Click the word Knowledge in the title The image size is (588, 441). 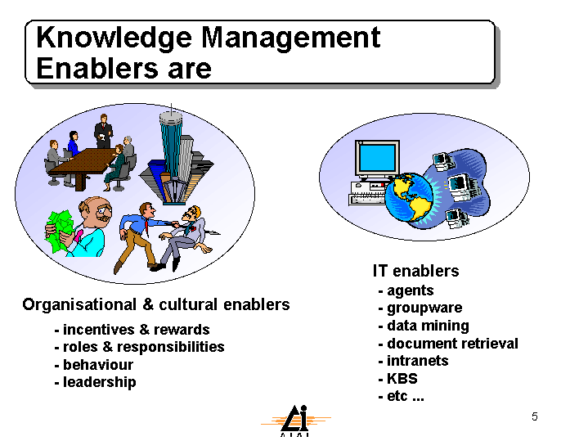[114, 38]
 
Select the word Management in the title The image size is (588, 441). [291, 38]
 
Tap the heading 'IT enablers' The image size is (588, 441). [416, 271]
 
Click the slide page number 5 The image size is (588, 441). [535, 416]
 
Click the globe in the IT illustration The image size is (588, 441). [409, 197]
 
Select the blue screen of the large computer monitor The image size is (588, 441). [377, 158]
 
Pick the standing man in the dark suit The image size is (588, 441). [103, 131]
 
